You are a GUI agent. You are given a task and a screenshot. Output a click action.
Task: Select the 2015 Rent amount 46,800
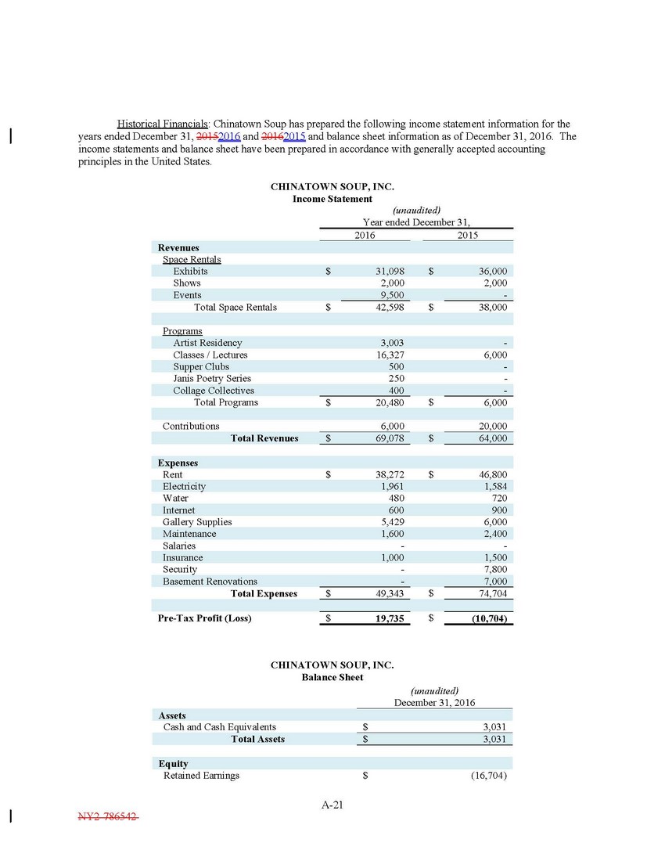click(x=492, y=475)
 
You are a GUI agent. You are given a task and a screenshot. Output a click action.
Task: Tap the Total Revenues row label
click(x=264, y=438)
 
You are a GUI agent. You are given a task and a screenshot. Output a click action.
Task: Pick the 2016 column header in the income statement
click(x=365, y=235)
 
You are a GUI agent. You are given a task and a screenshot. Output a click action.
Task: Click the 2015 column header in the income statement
click(x=469, y=235)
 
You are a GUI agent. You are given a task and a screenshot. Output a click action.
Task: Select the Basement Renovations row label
click(x=210, y=582)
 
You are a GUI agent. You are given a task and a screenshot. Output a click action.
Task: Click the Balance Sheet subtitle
click(x=332, y=677)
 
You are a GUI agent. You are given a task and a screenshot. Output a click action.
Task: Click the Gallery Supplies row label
click(x=197, y=522)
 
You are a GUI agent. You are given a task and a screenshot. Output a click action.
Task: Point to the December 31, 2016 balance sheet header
click(x=435, y=703)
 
